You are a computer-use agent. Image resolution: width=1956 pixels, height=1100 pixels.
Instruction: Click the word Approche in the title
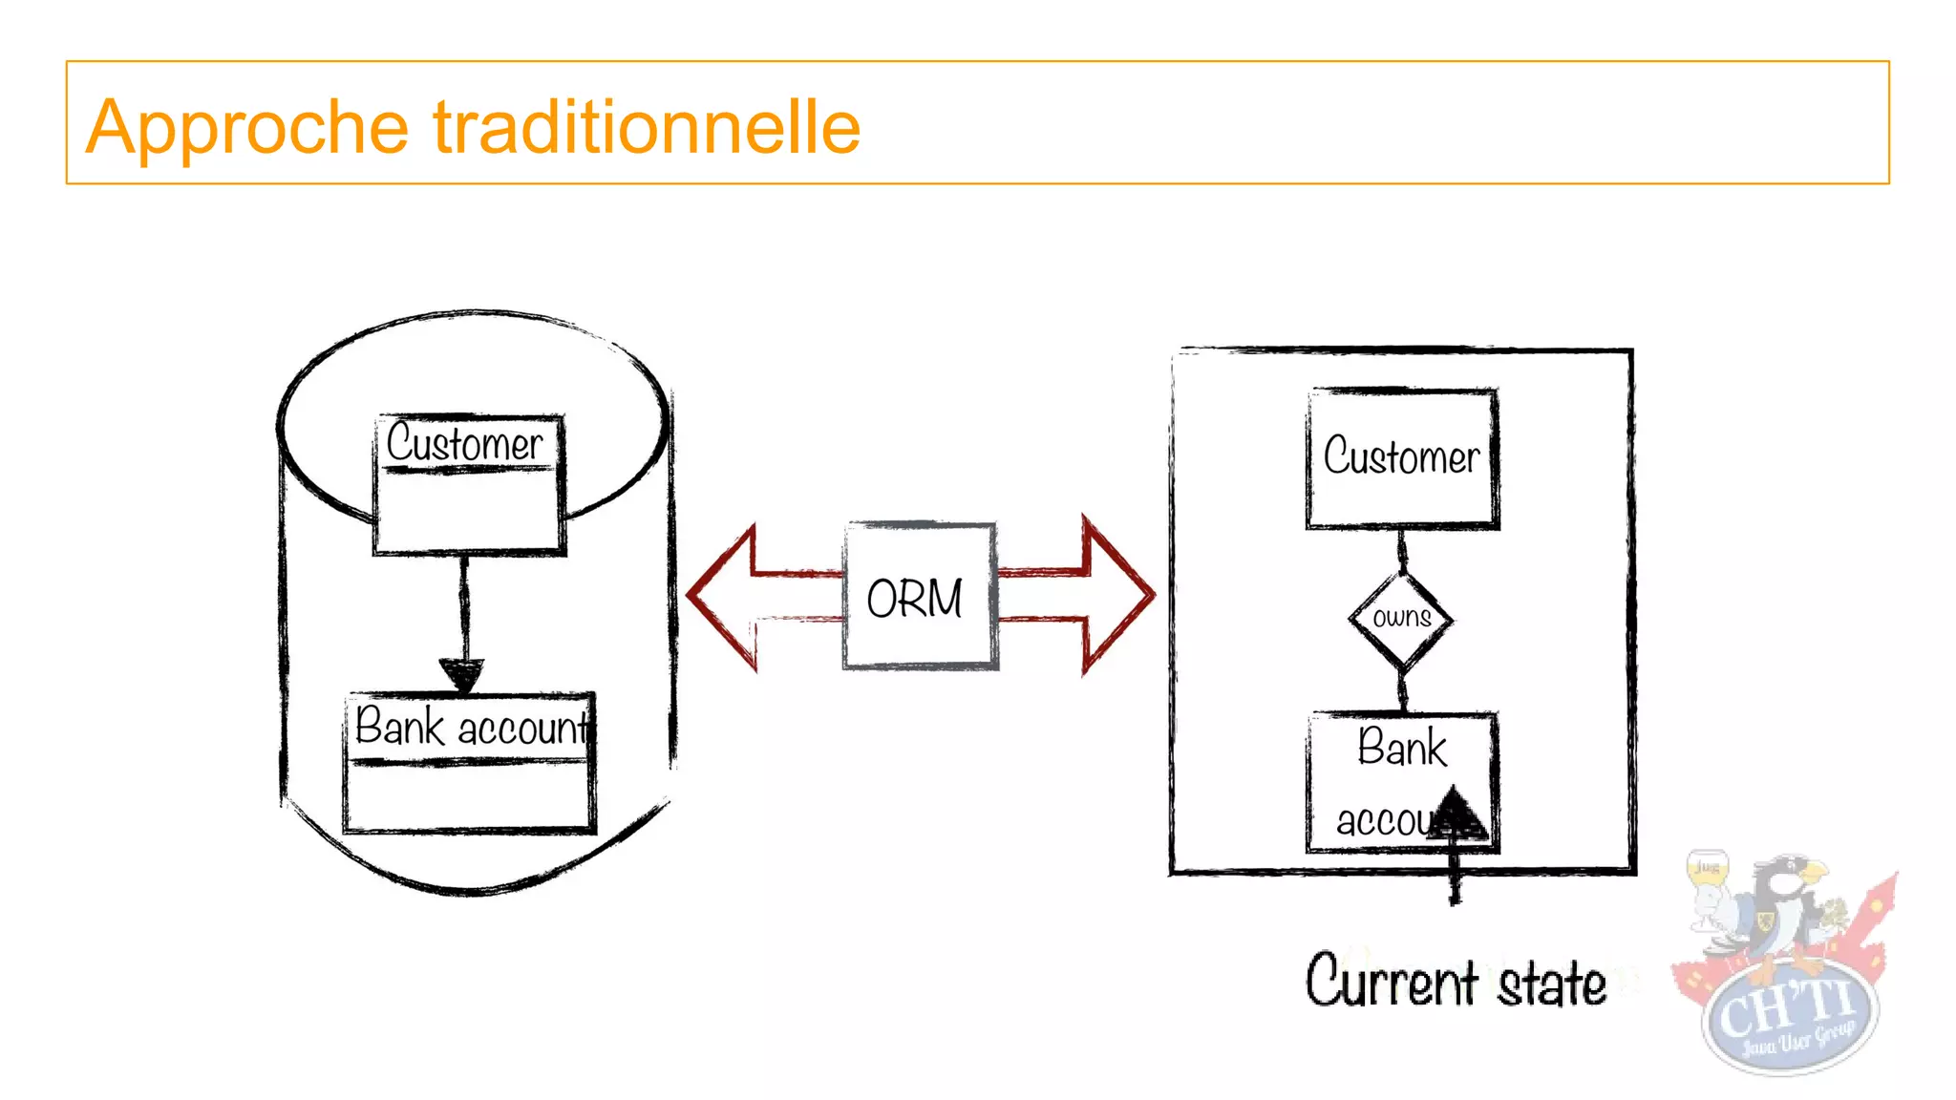coord(246,128)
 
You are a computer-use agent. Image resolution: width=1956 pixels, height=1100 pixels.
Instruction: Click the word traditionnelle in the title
coord(647,126)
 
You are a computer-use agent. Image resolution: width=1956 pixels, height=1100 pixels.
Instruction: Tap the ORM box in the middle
coord(919,597)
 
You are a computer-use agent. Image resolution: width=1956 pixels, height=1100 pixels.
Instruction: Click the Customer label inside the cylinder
coord(465,444)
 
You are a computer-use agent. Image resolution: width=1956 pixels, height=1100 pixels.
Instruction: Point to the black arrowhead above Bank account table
coord(462,674)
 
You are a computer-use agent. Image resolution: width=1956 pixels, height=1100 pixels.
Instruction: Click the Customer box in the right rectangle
coord(1401,457)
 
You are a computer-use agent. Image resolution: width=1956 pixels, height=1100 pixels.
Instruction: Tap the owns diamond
coord(1401,619)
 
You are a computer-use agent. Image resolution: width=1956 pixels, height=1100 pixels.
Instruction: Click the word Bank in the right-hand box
coord(1402,748)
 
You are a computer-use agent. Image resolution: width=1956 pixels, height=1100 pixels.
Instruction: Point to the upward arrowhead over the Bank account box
coord(1455,813)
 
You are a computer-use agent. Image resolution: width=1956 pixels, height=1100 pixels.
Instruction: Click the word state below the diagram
coord(1552,984)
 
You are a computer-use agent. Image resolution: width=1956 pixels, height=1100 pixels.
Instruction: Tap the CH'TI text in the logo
coord(1786,1007)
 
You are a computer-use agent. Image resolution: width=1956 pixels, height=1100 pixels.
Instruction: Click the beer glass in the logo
coord(1708,883)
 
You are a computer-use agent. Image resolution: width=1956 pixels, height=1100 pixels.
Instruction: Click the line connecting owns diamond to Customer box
coord(1402,551)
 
